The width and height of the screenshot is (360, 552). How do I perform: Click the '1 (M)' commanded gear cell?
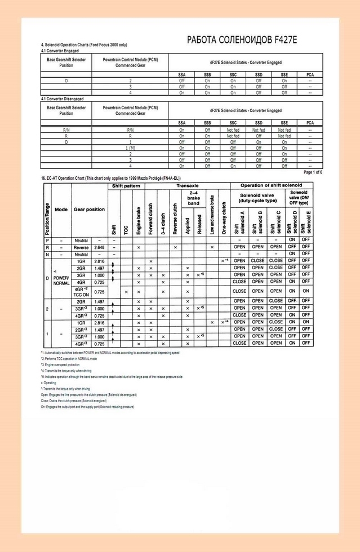click(x=130, y=147)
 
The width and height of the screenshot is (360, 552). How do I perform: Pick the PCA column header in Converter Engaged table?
click(x=310, y=74)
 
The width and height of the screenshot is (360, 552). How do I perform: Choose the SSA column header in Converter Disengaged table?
click(x=181, y=122)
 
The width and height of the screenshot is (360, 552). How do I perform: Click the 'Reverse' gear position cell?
click(x=81, y=247)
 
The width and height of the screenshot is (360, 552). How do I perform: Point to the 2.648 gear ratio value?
click(x=100, y=247)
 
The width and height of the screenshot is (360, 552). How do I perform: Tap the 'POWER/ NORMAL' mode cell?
click(x=61, y=280)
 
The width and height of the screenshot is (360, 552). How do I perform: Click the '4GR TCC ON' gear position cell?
click(x=81, y=292)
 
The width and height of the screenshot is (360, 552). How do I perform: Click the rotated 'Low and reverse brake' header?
click(x=212, y=214)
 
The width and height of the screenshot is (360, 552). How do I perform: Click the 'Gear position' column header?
click(x=89, y=209)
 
